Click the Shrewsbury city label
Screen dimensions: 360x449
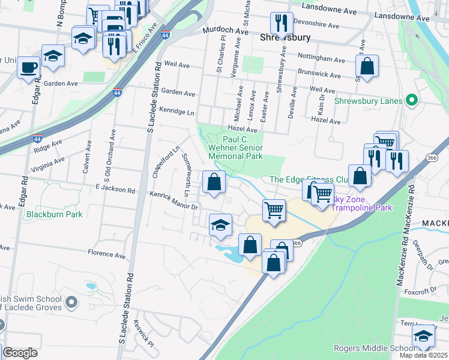click(x=285, y=37)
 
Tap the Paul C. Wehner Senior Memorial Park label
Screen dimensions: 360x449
click(x=236, y=147)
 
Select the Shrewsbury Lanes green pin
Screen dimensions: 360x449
click(x=411, y=101)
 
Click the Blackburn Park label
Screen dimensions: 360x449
click(x=54, y=214)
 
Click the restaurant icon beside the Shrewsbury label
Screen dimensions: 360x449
click(x=282, y=23)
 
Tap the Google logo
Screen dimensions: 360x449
click(x=20, y=353)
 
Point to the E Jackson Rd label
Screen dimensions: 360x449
click(x=115, y=188)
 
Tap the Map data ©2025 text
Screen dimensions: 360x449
click(x=423, y=355)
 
